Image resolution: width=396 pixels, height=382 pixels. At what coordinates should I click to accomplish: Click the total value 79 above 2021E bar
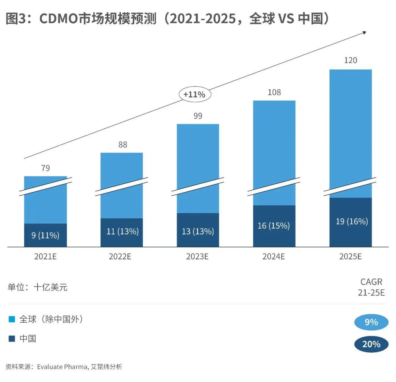pyautogui.click(x=45, y=168)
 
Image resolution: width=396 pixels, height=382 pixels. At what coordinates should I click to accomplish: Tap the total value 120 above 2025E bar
pyautogui.click(x=351, y=60)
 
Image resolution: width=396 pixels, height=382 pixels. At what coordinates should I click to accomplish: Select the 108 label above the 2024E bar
pyautogui.click(x=274, y=92)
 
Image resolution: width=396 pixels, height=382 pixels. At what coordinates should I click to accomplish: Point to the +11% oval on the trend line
pyautogui.click(x=194, y=94)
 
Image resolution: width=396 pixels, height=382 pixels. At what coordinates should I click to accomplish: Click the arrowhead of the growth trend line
pyautogui.click(x=364, y=33)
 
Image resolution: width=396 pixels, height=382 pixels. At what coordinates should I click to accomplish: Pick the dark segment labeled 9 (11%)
pyautogui.click(x=45, y=235)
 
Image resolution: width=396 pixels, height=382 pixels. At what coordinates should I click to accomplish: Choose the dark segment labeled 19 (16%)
pyautogui.click(x=351, y=222)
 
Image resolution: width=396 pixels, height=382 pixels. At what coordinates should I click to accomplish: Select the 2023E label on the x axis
pyautogui.click(x=197, y=256)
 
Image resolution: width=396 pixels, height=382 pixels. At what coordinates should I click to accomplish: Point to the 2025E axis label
pyautogui.click(x=350, y=256)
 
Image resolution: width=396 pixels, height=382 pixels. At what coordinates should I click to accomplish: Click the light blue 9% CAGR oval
pyautogui.click(x=371, y=322)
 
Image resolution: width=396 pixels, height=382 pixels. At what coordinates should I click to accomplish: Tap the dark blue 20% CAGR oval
pyautogui.click(x=371, y=344)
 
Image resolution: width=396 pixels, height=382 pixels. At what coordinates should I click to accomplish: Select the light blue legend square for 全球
pyautogui.click(x=12, y=320)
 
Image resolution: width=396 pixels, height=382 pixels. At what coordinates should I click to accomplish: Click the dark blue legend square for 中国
pyautogui.click(x=12, y=339)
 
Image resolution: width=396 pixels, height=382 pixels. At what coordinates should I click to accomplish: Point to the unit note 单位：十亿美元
pyautogui.click(x=38, y=287)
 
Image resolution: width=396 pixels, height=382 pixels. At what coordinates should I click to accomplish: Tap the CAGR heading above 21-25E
pyautogui.click(x=371, y=282)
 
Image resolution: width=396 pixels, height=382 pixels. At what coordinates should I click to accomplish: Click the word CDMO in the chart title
pyautogui.click(x=61, y=19)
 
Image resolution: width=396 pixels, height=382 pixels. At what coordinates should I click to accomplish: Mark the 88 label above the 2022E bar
pyautogui.click(x=122, y=145)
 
